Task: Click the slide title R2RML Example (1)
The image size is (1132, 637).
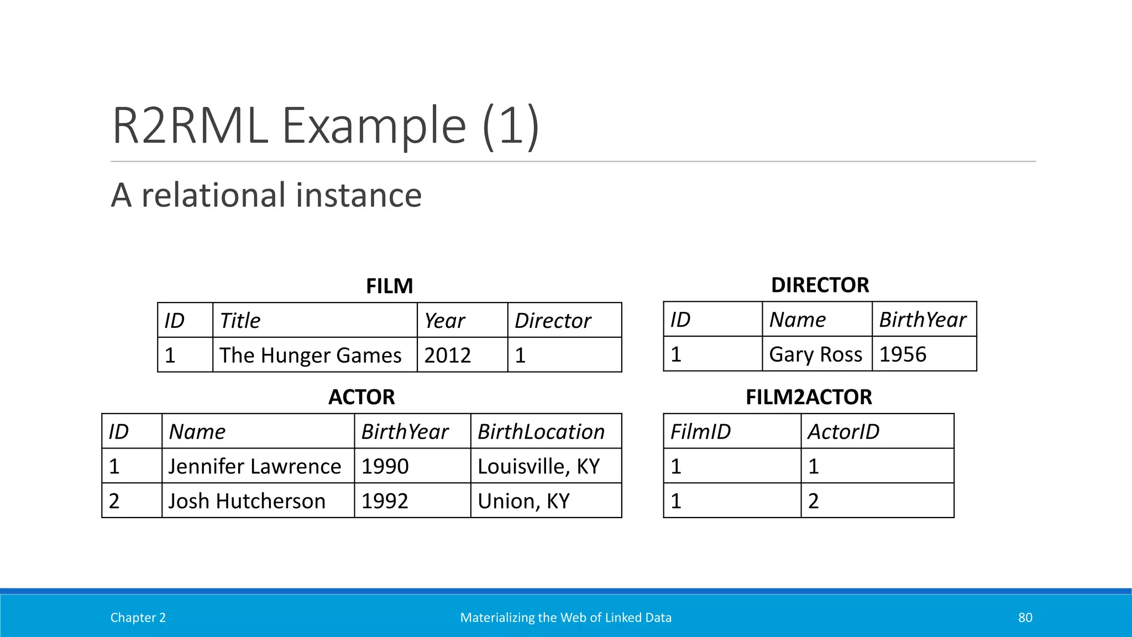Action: (325, 126)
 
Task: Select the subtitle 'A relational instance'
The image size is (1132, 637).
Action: (266, 195)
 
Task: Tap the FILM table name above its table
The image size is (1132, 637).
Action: (389, 286)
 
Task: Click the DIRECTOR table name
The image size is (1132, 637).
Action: (820, 285)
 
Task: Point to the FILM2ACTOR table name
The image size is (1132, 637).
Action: (808, 397)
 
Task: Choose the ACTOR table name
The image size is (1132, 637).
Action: (361, 397)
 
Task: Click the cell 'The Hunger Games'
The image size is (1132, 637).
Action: (310, 355)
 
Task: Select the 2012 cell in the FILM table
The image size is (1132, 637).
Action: (448, 355)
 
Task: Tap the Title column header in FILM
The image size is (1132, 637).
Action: (240, 321)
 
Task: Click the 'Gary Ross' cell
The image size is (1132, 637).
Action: (815, 354)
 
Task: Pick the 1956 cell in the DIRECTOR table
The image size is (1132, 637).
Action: (903, 354)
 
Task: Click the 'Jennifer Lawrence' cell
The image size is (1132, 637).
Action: (254, 466)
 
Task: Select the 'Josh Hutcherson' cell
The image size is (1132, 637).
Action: (247, 501)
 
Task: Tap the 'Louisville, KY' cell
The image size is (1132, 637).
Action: (538, 466)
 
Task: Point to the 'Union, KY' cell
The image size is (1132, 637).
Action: (523, 501)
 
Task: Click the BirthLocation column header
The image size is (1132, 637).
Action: (541, 432)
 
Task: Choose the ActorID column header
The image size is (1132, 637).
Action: (843, 432)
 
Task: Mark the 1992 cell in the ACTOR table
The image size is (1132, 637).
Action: (385, 501)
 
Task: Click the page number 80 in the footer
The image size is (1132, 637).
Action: (1025, 618)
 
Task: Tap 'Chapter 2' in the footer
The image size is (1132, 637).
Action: (138, 618)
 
